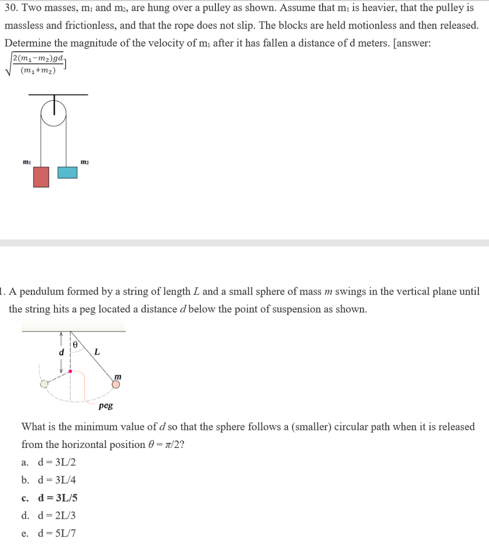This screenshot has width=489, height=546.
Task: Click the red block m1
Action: click(x=41, y=177)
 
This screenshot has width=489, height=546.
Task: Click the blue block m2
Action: click(x=67, y=172)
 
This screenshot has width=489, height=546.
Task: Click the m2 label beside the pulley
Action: click(x=84, y=161)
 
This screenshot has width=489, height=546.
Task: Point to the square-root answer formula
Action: click(x=36, y=63)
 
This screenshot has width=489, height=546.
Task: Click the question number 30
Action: click(x=11, y=9)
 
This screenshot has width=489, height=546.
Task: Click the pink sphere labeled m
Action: click(x=116, y=384)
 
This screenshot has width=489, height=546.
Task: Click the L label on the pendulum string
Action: click(x=97, y=351)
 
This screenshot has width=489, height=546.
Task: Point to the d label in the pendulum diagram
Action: click(x=61, y=352)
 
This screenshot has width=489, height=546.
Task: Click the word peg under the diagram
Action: click(x=106, y=406)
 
